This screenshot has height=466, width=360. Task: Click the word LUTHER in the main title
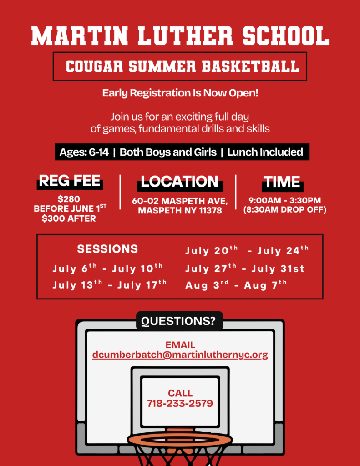point(185,35)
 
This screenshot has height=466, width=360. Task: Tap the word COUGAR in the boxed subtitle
point(94,66)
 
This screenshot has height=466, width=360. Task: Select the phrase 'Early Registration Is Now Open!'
point(180,93)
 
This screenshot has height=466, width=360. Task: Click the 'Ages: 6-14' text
point(84,152)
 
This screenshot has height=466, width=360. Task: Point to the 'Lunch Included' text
point(265,152)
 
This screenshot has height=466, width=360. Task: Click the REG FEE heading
point(70,181)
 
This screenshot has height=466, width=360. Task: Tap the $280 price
point(69,199)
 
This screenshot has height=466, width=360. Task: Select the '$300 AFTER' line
point(69,218)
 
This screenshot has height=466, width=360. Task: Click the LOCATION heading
point(180,182)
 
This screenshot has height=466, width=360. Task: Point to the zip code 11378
point(210,211)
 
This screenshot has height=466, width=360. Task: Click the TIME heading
point(282,182)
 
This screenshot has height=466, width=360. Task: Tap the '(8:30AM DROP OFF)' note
point(285,210)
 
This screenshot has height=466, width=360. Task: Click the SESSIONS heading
point(107,249)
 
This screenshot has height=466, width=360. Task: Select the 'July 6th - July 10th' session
point(107,268)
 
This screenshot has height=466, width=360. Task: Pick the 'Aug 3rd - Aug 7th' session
point(236,285)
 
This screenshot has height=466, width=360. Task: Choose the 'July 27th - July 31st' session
point(245,268)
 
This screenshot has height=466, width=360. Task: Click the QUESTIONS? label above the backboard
point(178,321)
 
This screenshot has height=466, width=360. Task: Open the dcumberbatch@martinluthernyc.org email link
point(180,355)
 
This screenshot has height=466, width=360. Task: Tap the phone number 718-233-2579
point(180,403)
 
